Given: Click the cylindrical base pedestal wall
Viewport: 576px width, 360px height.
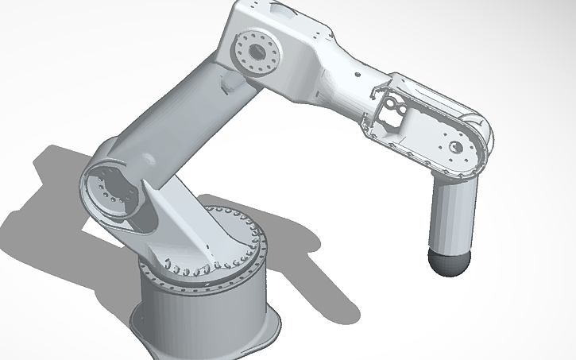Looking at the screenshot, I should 199,310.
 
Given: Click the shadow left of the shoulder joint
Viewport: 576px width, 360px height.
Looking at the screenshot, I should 48,199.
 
